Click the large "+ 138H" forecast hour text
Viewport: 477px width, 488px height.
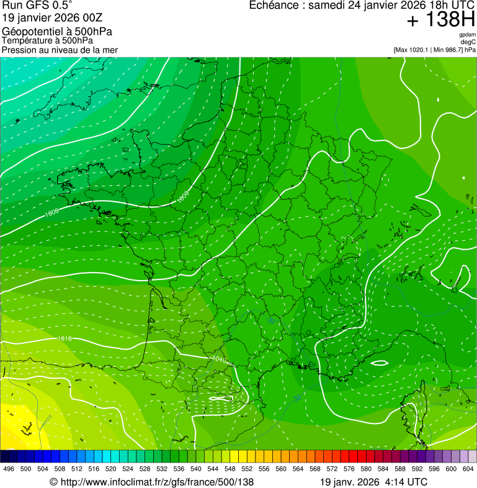pos(441,20)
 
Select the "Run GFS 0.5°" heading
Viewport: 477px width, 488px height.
pos(37,6)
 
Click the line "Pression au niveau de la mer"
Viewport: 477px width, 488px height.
pos(60,50)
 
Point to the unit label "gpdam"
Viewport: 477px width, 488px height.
pos(467,35)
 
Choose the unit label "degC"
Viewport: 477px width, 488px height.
pos(468,42)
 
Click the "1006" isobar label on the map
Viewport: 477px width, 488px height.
pos(183,196)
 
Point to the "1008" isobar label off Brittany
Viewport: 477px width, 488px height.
pos(52,212)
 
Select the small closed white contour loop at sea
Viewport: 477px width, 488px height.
pos(378,363)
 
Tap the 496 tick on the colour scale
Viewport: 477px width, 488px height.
pos(9,468)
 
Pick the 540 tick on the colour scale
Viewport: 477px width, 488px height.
pos(196,468)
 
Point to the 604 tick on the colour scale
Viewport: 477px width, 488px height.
pos(468,468)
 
